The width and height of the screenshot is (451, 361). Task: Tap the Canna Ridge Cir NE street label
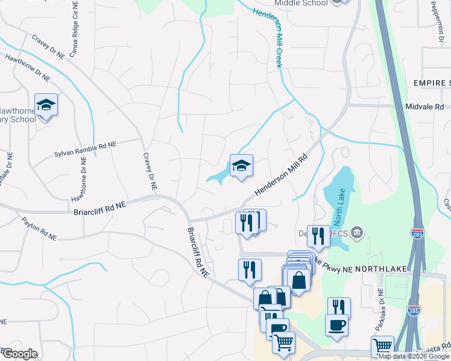click(75, 35)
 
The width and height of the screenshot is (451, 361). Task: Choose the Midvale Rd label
click(428, 106)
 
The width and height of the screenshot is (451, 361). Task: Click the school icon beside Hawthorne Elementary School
click(46, 105)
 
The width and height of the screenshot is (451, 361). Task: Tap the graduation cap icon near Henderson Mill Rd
click(241, 166)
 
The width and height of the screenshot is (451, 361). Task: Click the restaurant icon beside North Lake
click(318, 236)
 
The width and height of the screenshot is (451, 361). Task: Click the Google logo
click(20, 354)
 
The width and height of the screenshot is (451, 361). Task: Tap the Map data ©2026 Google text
click(414, 356)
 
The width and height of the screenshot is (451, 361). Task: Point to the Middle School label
click(301, 3)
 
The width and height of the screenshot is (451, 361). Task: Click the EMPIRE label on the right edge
click(431, 82)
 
